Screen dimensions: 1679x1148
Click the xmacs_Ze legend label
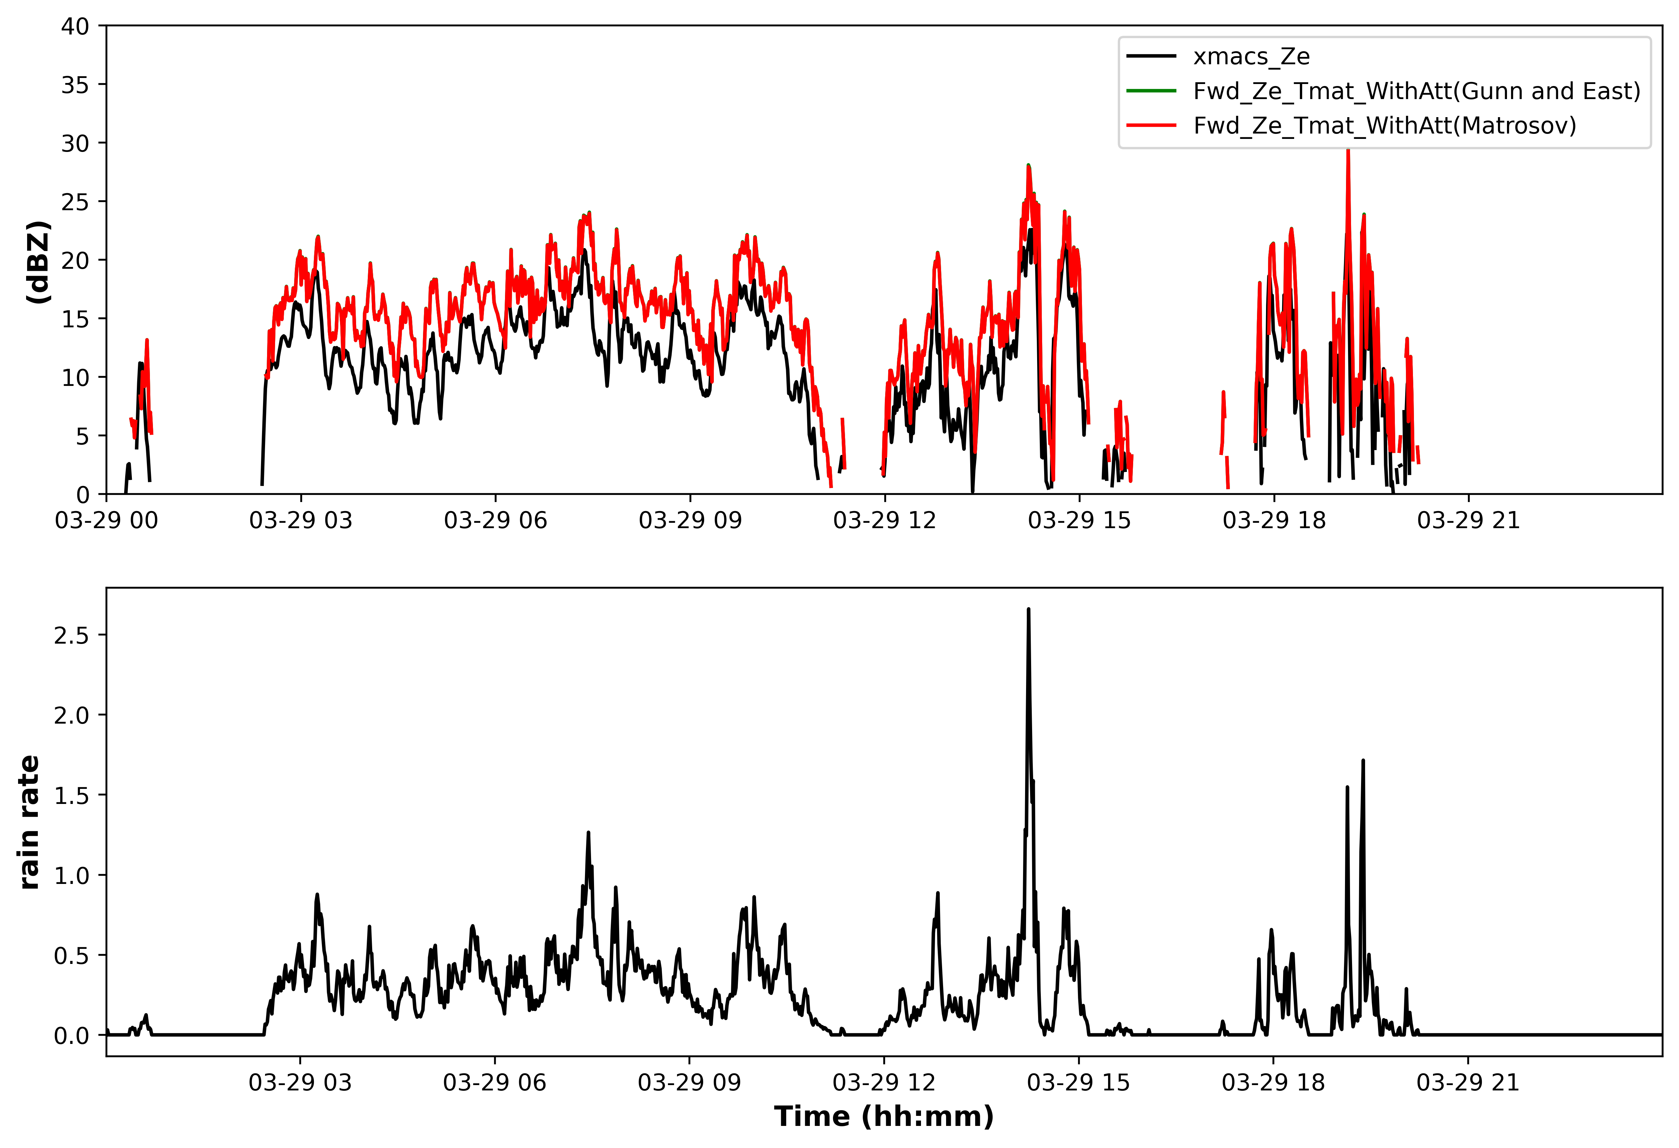[x=1251, y=56]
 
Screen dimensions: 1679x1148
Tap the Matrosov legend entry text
[x=1384, y=126]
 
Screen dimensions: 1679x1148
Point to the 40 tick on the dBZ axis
[x=75, y=27]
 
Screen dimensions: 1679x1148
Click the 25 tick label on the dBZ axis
[x=75, y=202]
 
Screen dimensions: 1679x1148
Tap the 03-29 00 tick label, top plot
[x=106, y=520]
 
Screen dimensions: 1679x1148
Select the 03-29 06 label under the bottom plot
[x=495, y=1082]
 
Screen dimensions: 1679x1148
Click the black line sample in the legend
[x=1151, y=56]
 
